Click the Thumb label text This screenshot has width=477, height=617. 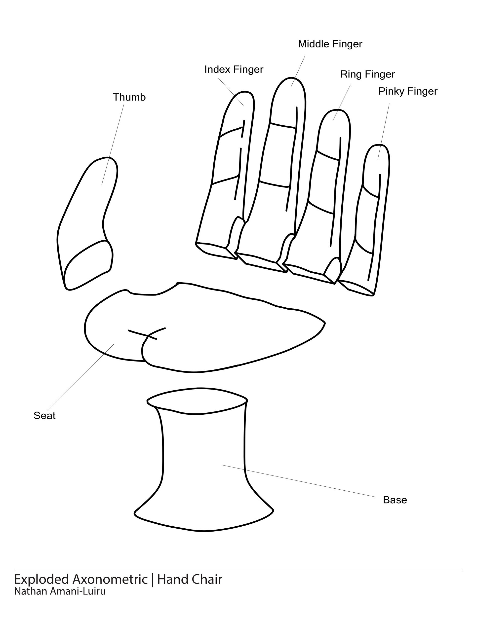point(129,97)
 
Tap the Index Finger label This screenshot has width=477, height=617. point(234,70)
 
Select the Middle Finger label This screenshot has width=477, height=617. point(330,44)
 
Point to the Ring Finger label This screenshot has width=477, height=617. point(367,74)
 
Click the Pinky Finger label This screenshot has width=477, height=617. point(408,91)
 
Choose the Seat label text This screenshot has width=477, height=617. point(44,416)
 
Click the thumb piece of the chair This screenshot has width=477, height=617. point(88,215)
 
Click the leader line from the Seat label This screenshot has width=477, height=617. point(80,377)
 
